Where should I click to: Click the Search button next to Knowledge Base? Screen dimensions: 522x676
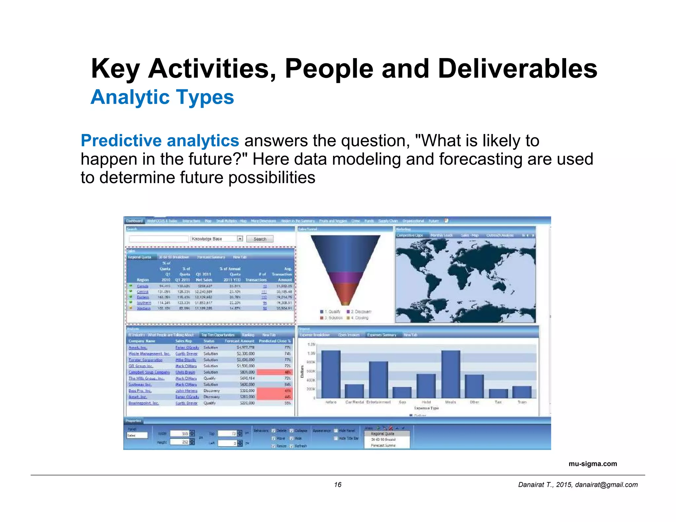[260, 239]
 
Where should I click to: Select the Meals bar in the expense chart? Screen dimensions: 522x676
[451, 374]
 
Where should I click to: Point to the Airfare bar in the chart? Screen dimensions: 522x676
[331, 374]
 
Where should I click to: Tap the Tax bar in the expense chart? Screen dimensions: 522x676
[498, 394]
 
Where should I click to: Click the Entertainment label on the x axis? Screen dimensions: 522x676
[378, 402]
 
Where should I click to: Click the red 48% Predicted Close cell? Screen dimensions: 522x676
[275, 372]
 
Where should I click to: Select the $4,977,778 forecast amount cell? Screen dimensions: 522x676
[245, 347]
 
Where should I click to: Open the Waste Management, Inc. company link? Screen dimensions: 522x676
[149, 354]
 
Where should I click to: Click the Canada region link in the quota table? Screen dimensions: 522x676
[143, 286]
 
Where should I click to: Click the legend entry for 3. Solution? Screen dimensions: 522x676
[332, 318]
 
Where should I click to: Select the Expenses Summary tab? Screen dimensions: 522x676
[382, 335]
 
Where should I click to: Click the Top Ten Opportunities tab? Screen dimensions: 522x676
[218, 335]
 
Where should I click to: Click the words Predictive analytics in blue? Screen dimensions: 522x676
[160, 141]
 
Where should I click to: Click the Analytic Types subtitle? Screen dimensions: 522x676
[162, 97]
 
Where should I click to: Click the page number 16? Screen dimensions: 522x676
[337, 484]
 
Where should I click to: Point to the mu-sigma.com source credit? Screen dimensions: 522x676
[592, 464]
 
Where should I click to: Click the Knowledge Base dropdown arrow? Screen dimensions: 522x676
[240, 239]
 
